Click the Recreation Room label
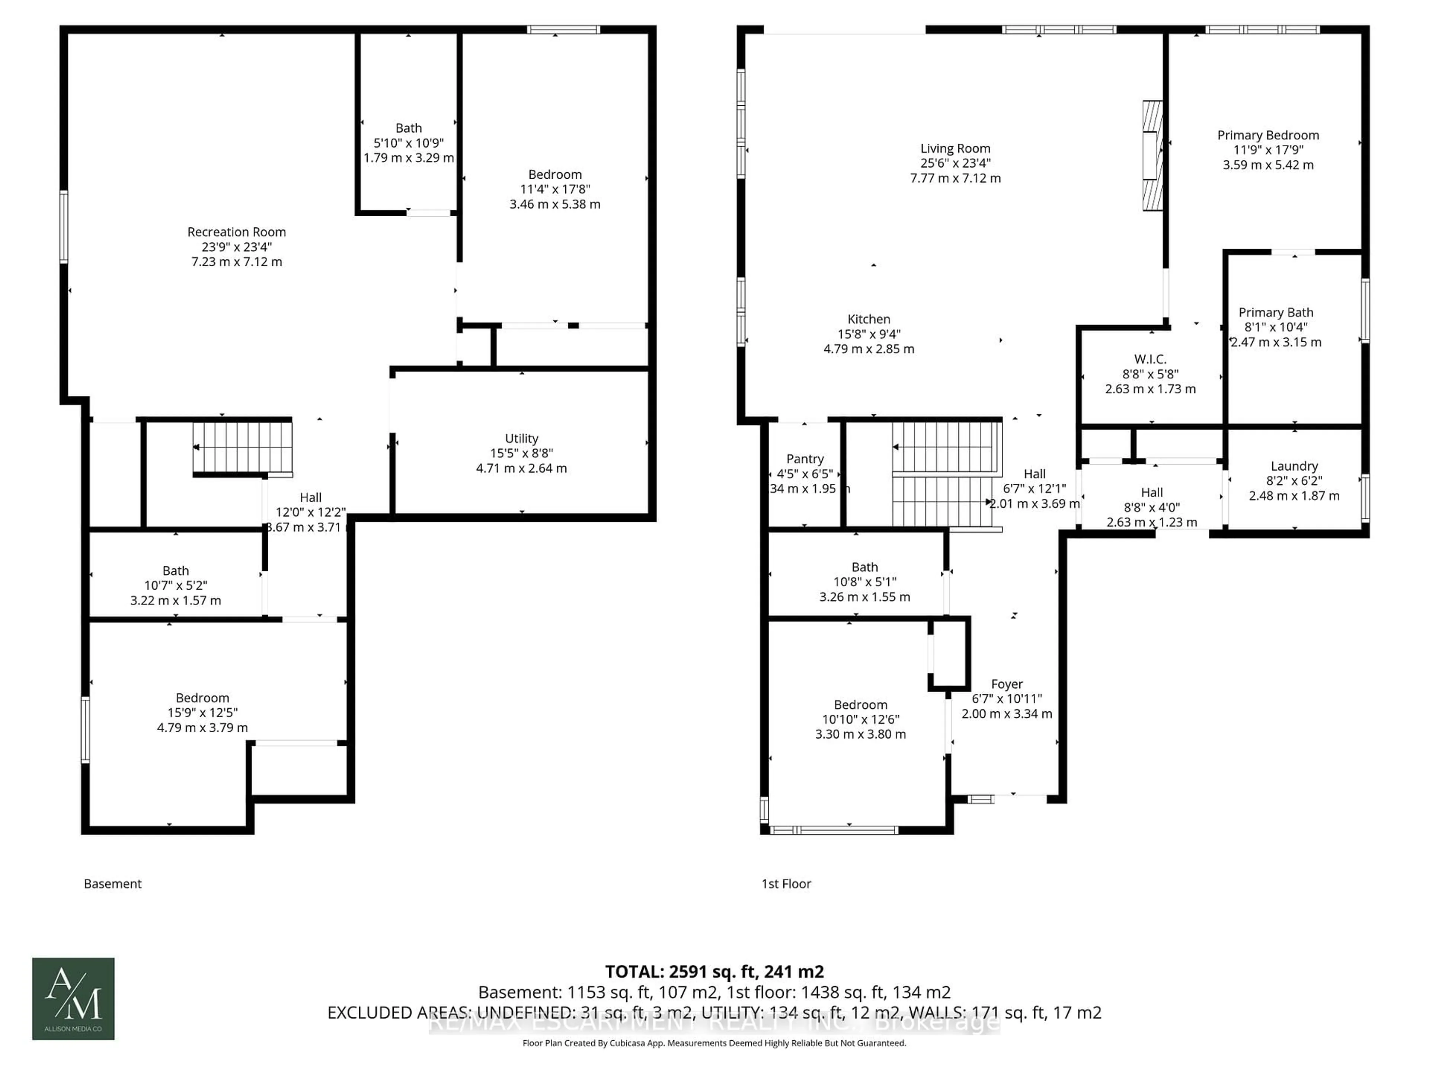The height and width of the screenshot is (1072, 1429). [236, 232]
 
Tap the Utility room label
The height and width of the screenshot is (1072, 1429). [521, 439]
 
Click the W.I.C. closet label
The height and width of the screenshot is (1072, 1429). [1150, 359]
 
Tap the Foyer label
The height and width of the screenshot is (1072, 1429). [1007, 684]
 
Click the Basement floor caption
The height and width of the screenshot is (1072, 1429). [112, 884]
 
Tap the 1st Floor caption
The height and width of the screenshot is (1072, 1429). [786, 884]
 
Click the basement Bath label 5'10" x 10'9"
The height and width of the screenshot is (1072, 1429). [408, 128]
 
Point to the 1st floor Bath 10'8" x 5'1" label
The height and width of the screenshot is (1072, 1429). [864, 567]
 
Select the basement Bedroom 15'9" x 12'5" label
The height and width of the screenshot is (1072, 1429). [202, 698]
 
